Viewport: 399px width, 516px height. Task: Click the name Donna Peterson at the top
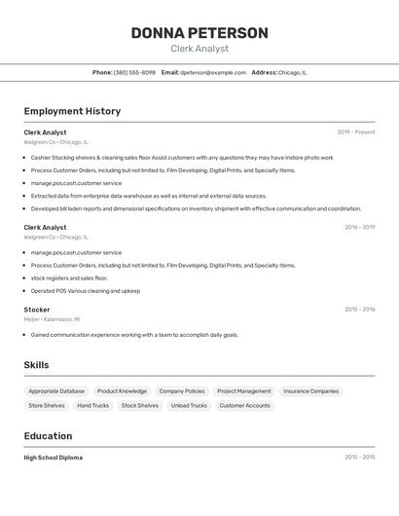click(199, 33)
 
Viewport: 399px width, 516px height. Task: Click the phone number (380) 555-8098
click(134, 72)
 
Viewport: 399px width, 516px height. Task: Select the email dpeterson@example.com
click(213, 72)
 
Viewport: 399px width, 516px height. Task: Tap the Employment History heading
click(72, 111)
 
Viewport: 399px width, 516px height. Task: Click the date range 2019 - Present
click(355, 132)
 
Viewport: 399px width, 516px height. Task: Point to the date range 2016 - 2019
click(359, 228)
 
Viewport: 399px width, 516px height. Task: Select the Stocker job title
click(37, 310)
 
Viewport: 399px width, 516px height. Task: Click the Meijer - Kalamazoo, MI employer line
click(53, 319)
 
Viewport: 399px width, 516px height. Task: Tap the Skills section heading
click(37, 365)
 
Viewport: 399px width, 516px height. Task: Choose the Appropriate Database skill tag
click(56, 391)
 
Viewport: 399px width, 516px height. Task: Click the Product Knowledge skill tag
click(122, 391)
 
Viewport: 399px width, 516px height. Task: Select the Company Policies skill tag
click(182, 391)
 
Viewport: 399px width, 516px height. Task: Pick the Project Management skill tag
click(244, 391)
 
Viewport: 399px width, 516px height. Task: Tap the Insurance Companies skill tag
click(310, 391)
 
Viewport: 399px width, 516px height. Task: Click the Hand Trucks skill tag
click(93, 405)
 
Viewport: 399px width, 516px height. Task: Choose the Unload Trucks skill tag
click(189, 405)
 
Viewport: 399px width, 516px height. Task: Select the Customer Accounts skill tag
click(244, 405)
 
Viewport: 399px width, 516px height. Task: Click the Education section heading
click(48, 436)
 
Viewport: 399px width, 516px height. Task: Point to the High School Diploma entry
click(54, 458)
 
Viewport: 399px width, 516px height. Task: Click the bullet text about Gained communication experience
click(134, 335)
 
